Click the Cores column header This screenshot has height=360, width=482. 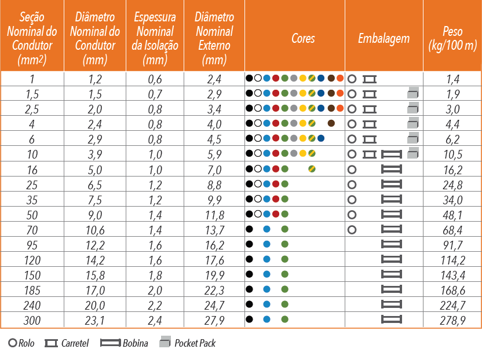tap(303, 38)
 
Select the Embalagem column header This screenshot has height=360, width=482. tap(384, 39)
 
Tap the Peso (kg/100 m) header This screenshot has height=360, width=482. tap(452, 38)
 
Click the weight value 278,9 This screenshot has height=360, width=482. tap(452, 321)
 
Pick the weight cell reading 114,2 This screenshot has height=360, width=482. tap(453, 260)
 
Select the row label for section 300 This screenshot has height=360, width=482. tap(32, 321)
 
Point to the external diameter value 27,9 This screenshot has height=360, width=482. tap(214, 321)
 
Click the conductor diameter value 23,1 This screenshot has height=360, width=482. tap(94, 321)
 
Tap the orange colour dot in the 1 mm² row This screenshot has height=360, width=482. tap(340, 78)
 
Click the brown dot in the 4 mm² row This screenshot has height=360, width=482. tap(331, 123)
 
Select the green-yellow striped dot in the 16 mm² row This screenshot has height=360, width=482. tap(312, 168)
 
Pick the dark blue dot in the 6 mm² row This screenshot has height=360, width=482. tap(321, 138)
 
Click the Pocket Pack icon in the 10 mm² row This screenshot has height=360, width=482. tap(413, 153)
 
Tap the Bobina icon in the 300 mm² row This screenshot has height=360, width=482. tap(391, 319)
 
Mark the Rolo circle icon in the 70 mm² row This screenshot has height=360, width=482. tap(352, 229)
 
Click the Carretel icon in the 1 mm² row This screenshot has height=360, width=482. tap(370, 79)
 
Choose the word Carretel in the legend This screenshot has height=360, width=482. tap(75, 343)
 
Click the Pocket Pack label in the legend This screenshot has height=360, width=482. tap(195, 343)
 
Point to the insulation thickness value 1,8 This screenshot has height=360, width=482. tap(155, 275)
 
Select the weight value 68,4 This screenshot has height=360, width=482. tap(452, 230)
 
